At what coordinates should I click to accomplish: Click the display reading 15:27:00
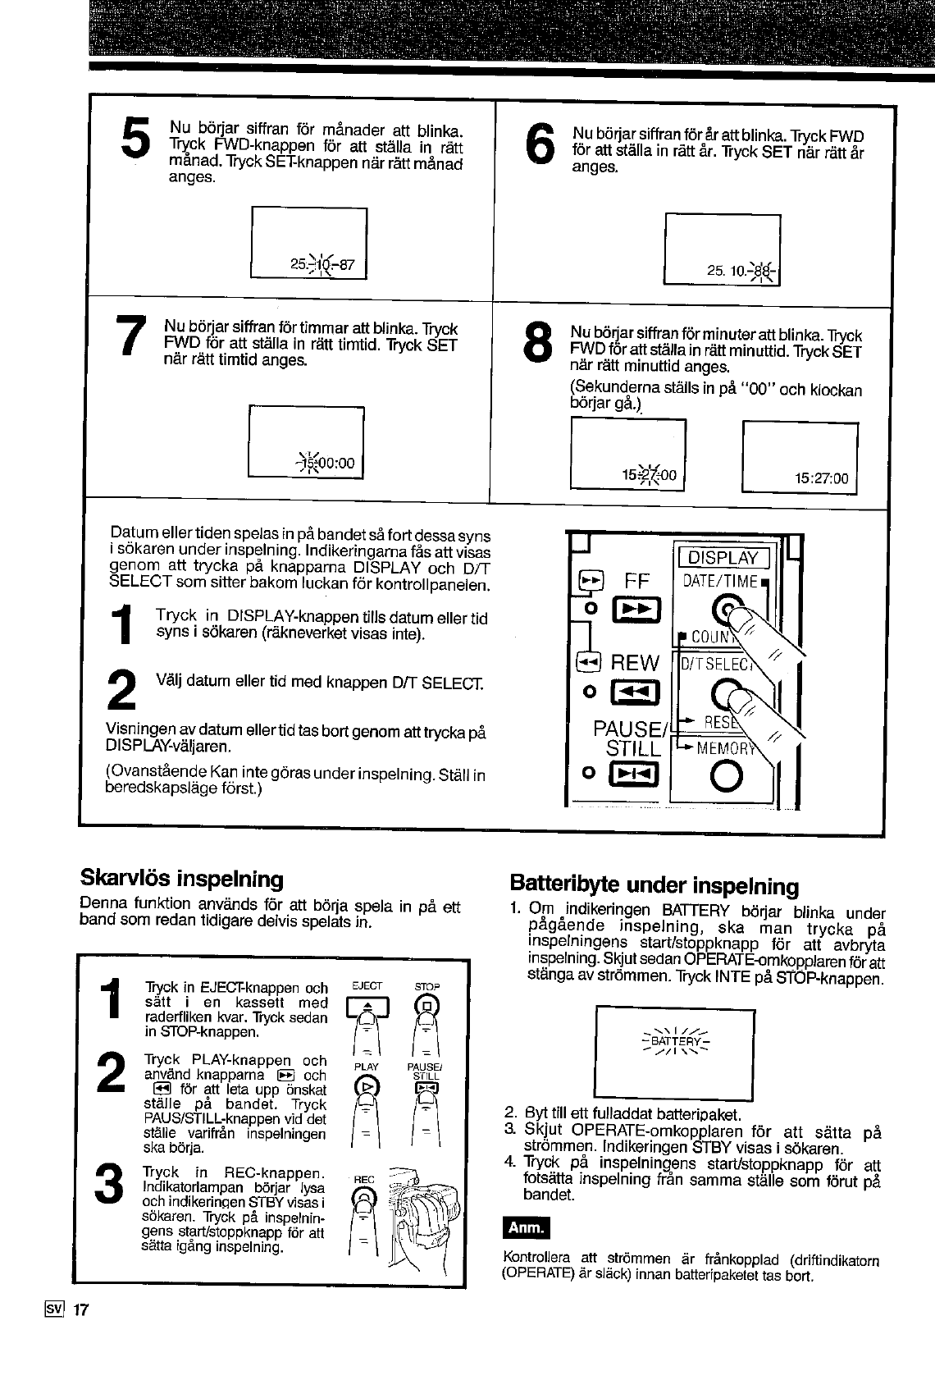pyautogui.click(x=821, y=478)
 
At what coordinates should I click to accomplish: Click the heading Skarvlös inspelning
pyautogui.click(x=181, y=879)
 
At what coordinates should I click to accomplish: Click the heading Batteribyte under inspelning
pyautogui.click(x=654, y=884)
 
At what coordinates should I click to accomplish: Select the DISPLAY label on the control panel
pyautogui.click(x=722, y=558)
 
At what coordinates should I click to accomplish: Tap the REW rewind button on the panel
pyautogui.click(x=636, y=694)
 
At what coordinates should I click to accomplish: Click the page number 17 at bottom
pyautogui.click(x=80, y=1309)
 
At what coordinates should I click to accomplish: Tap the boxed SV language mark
pyautogui.click(x=57, y=1309)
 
